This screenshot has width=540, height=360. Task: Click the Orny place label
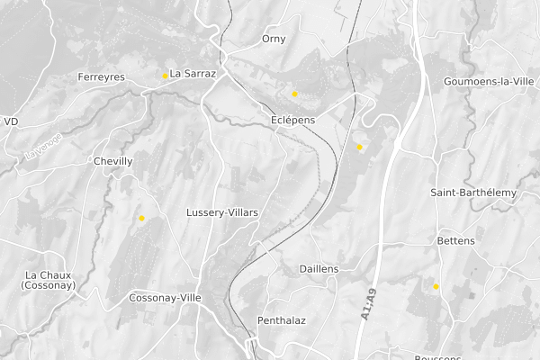coord(274,39)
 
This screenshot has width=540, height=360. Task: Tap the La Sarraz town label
coord(193,74)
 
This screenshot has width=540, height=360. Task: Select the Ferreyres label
coord(102,76)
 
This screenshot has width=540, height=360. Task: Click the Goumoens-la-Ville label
coord(489,81)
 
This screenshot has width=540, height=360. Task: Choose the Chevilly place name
coord(113,161)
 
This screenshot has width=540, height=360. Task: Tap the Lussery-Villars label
coord(222,212)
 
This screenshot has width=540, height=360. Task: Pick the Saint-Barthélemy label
coord(473,193)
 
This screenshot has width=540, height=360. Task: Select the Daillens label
coord(319,269)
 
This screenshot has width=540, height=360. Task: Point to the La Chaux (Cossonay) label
coord(49,280)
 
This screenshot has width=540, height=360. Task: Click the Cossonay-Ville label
coord(165,298)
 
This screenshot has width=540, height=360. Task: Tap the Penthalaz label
coord(282,320)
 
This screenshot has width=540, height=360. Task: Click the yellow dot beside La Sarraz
coord(165,76)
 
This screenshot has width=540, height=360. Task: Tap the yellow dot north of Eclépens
coord(294,94)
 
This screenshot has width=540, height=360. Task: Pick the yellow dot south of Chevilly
coord(141,218)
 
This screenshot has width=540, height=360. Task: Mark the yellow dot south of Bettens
coord(436,286)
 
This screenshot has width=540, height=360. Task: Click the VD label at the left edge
coord(11,121)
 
